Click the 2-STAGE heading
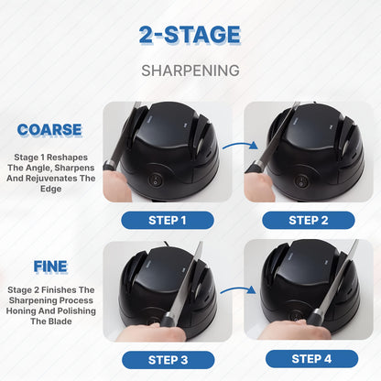tap(190, 36)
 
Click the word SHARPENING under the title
tap(190, 70)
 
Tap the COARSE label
tap(49, 131)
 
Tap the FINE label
tap(50, 267)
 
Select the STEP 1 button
tap(168, 220)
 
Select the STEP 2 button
tap(309, 220)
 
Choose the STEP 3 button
tap(168, 358)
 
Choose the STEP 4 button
tap(309, 358)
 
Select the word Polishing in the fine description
tap(80, 311)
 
